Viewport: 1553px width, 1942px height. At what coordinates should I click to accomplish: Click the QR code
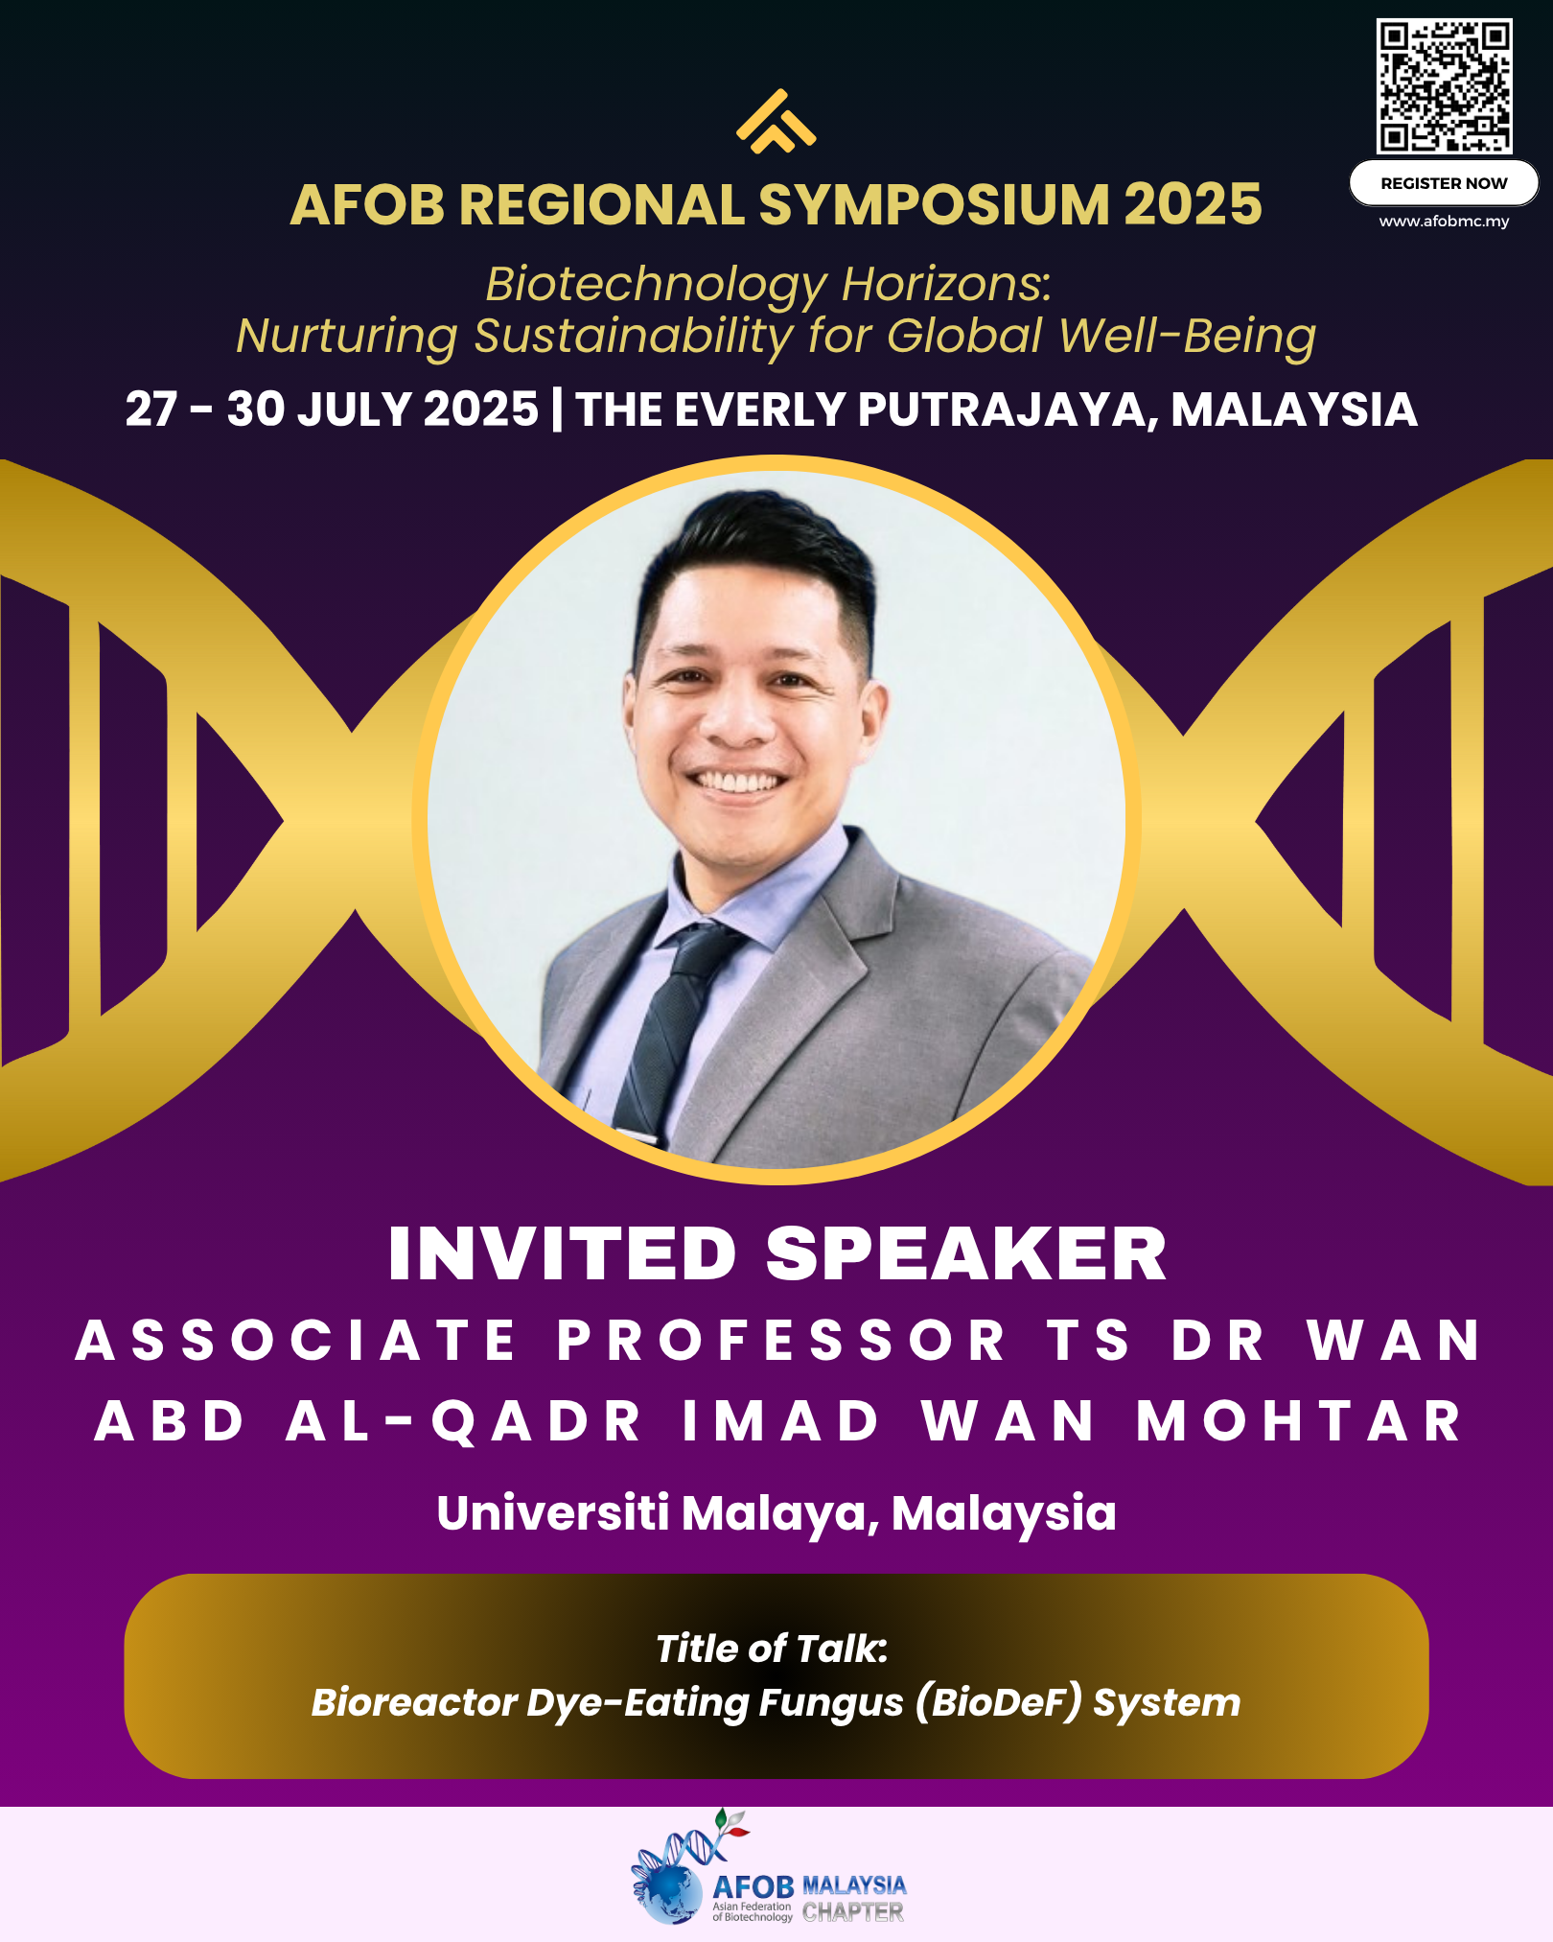(1445, 86)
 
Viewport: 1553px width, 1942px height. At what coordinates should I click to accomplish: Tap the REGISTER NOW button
(1444, 183)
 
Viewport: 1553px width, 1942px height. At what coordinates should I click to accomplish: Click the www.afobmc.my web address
(1444, 222)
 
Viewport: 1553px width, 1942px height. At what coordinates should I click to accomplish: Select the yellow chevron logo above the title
(776, 121)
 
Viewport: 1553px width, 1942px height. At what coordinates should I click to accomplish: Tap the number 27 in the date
(151, 409)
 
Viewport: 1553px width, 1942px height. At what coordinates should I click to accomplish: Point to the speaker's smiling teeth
(739, 781)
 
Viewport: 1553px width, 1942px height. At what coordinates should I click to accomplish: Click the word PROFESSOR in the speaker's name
(781, 1340)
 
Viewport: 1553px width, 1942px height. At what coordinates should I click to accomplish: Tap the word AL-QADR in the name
(464, 1421)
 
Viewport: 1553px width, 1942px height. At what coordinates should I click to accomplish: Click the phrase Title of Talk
(772, 1649)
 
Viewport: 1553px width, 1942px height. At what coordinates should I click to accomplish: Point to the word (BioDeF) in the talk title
(998, 1702)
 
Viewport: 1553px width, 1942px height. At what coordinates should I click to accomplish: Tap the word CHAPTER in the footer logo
(853, 1912)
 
